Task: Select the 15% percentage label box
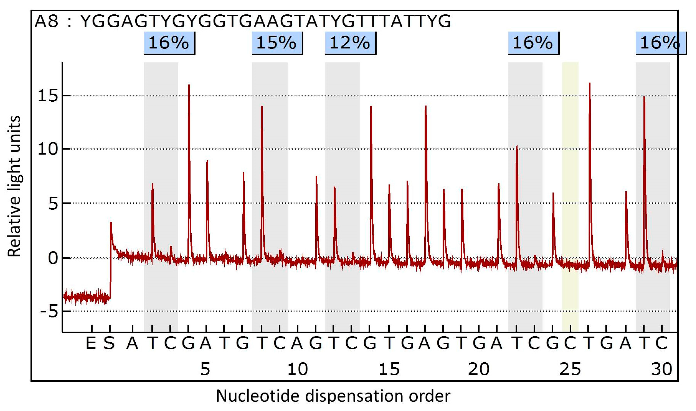(277, 43)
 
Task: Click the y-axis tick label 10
(48, 149)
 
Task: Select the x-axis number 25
(570, 369)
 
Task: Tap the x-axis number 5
(205, 369)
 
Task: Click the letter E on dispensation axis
(91, 344)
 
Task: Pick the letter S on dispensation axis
(109, 344)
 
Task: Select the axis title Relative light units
(14, 186)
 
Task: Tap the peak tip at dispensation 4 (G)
(189, 85)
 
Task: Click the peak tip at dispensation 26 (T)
(590, 83)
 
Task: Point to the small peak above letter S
(111, 223)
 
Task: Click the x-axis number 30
(662, 369)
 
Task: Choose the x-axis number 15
(389, 369)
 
